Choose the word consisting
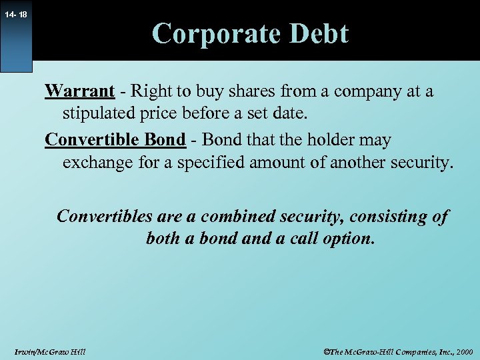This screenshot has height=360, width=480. (389, 216)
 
